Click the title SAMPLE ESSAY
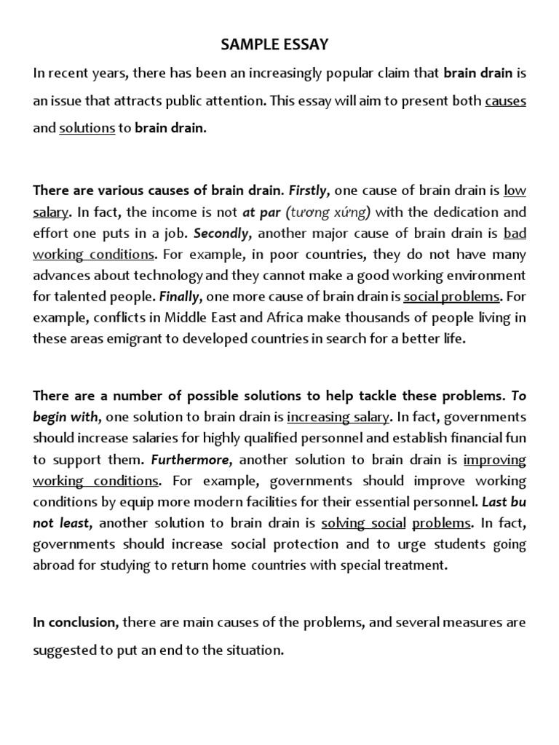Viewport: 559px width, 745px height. (x=274, y=45)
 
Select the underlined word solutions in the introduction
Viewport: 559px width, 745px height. (x=87, y=128)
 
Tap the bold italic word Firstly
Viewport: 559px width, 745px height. (x=310, y=191)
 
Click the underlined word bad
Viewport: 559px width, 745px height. (x=514, y=234)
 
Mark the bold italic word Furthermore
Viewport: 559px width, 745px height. (x=192, y=460)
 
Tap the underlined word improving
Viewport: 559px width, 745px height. (x=494, y=460)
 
